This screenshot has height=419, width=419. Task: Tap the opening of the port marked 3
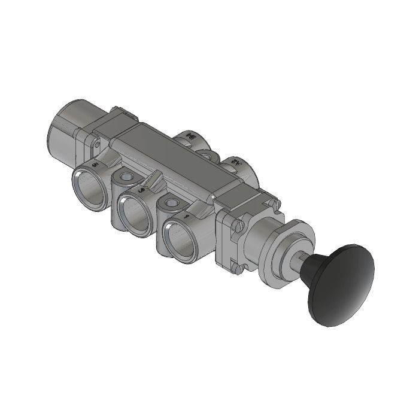coord(133,212)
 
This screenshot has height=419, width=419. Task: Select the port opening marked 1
coord(179,236)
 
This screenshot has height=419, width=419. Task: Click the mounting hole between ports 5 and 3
coord(127,177)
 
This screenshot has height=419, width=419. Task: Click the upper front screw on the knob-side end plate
coord(238,226)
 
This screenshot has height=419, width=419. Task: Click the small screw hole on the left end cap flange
coord(95,143)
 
